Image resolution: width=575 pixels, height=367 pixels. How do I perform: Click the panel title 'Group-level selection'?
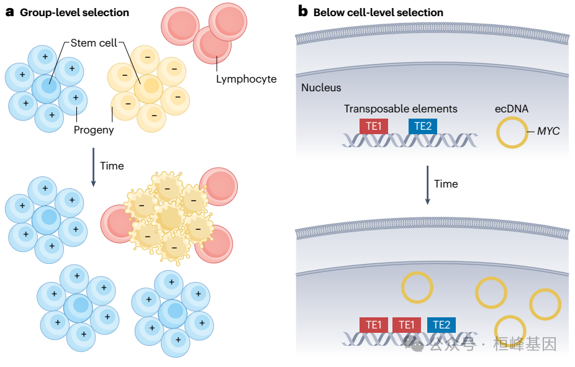[x=75, y=12]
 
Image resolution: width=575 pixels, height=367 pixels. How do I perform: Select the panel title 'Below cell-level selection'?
[x=378, y=12]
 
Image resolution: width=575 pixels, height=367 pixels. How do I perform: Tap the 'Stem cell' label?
[x=94, y=43]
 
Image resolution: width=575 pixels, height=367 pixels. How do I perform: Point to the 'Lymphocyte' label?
[x=246, y=79]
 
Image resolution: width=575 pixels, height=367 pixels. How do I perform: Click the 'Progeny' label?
[x=94, y=130]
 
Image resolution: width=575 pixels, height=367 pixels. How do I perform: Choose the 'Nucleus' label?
[x=321, y=88]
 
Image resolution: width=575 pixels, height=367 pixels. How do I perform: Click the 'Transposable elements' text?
[x=401, y=109]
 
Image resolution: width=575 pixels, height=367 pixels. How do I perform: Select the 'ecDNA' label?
[x=512, y=109]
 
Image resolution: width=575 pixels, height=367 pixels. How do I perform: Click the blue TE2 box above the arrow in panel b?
[x=422, y=126]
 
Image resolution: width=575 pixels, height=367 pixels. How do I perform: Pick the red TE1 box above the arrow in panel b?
[x=374, y=126]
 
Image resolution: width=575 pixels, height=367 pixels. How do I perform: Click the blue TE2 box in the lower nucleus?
[x=441, y=325]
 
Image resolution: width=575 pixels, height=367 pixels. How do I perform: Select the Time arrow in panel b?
[x=428, y=184]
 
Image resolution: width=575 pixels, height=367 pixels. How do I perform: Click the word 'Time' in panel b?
[x=446, y=184]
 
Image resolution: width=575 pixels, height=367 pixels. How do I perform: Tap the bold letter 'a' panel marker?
[x=9, y=12]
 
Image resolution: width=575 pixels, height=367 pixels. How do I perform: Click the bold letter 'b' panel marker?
[x=303, y=12]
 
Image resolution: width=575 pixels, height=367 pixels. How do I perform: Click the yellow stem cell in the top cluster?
[x=149, y=88]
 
